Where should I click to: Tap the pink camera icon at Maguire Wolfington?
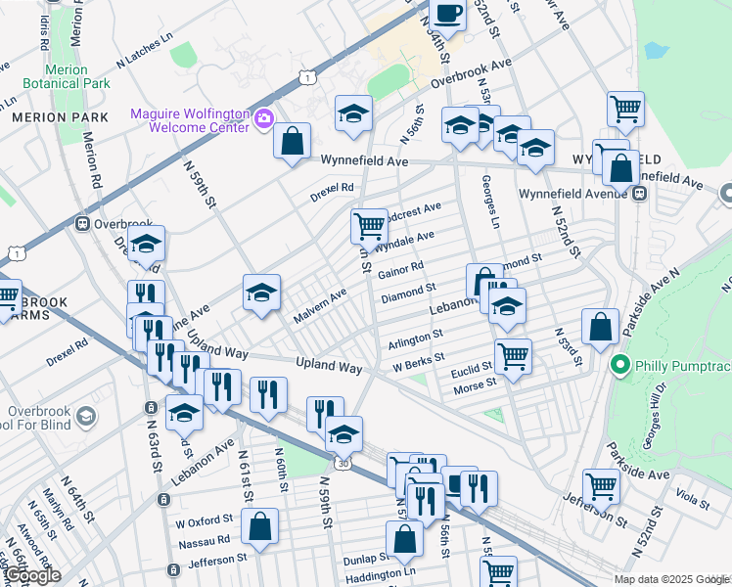pos(262,119)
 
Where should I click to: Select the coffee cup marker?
pos(449,14)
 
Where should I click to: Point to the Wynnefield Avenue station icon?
pos(640,194)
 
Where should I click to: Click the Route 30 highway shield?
pos(343,463)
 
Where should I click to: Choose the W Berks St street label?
pos(419,362)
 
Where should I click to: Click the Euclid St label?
pos(472,369)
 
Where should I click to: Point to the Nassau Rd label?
pos(203,539)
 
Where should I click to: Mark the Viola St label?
pos(692,501)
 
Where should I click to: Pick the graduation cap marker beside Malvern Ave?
pos(261,293)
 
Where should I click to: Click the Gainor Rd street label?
pos(399,269)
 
